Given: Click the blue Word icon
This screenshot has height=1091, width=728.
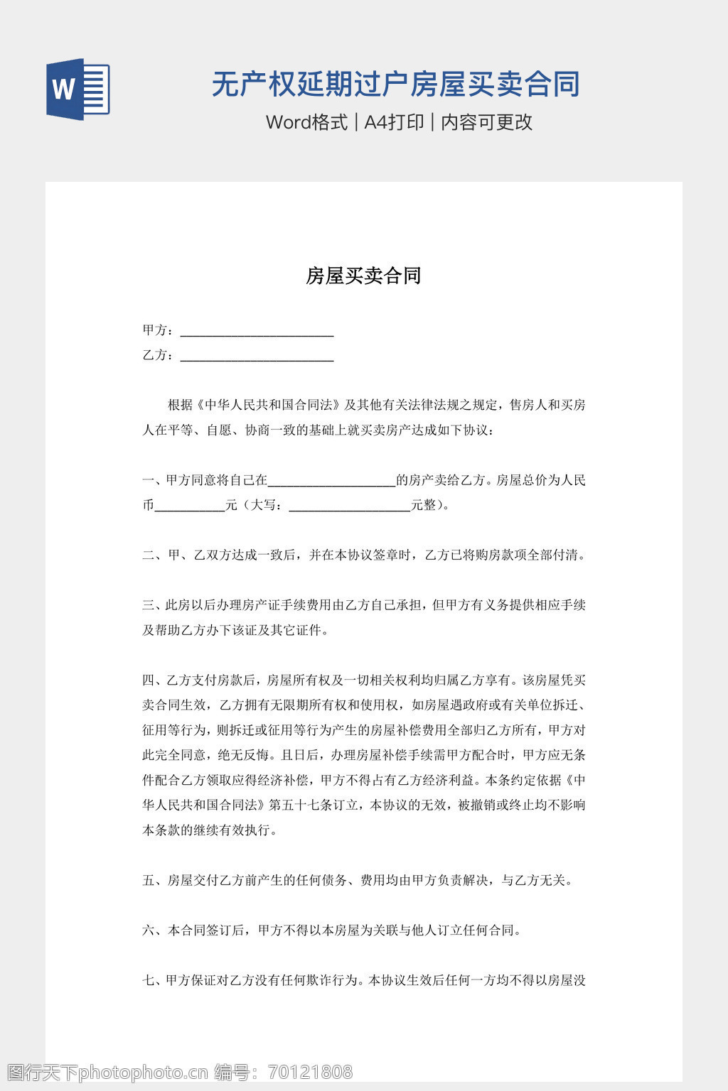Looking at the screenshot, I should (x=77, y=89).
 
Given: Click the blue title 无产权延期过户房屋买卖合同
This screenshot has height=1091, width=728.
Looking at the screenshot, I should (x=396, y=85).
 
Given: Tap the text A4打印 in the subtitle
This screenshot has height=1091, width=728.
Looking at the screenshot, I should (x=394, y=122).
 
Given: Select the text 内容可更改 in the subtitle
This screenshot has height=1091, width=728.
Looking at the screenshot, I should (x=487, y=122).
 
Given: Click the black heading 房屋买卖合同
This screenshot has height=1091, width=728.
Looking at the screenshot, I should (x=363, y=276).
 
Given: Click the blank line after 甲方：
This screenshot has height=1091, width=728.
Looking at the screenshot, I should (x=257, y=332).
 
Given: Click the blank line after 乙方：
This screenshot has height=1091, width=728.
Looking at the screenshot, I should (x=257, y=357).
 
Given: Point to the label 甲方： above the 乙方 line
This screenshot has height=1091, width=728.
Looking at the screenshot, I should (x=158, y=330).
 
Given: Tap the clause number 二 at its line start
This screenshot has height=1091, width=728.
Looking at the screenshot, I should (x=149, y=555).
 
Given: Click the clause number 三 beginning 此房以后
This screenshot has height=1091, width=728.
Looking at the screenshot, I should (x=149, y=605).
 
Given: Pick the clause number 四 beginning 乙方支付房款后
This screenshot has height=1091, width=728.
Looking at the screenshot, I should (x=149, y=680).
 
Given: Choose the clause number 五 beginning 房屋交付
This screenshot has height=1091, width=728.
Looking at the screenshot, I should (x=149, y=881).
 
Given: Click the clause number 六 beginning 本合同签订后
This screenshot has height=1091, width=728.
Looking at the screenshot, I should (x=149, y=930).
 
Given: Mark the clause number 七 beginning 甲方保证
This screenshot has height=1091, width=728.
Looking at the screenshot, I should (x=149, y=981).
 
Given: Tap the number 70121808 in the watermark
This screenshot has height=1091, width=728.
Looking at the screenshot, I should (x=310, y=1072).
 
